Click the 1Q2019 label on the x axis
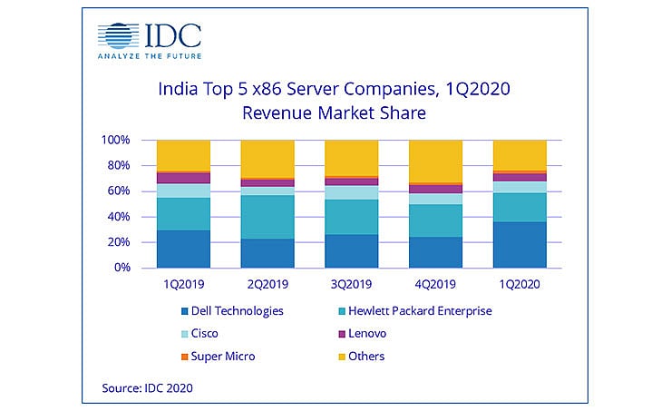183,283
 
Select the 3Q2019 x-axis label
351,283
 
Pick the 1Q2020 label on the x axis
519,283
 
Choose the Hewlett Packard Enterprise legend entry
417,310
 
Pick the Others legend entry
370,356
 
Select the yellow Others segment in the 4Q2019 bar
434,161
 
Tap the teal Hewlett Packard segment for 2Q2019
267,217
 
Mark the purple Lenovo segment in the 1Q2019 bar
183,178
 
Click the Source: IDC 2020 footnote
148,387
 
